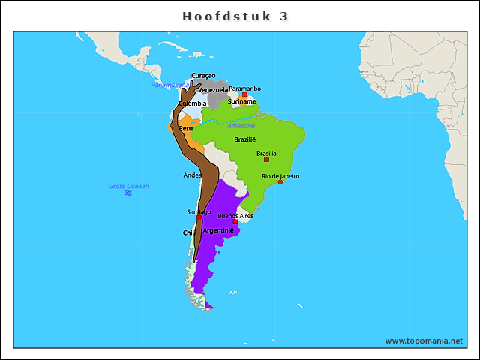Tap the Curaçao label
pyautogui.click(x=203, y=75)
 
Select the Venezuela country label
pyautogui.click(x=213, y=90)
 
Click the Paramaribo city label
pyautogui.click(x=244, y=88)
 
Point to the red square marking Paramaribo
pyautogui.click(x=244, y=95)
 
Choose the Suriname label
pyautogui.click(x=242, y=101)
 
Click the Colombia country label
pyautogui.click(x=192, y=103)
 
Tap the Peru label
pyautogui.click(x=185, y=128)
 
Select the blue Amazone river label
pyautogui.click(x=241, y=125)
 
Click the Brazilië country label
pyautogui.click(x=245, y=139)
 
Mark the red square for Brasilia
pyautogui.click(x=266, y=159)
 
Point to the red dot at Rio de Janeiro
pyautogui.click(x=280, y=182)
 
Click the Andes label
pyautogui.click(x=192, y=175)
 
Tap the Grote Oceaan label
pyautogui.click(x=129, y=186)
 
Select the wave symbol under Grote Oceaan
pyautogui.click(x=128, y=193)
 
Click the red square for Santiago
pyautogui.click(x=199, y=218)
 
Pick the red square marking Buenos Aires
pyautogui.click(x=235, y=222)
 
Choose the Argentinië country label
pyautogui.click(x=218, y=230)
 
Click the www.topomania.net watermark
pyautogui.click(x=424, y=340)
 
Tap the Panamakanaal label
pyautogui.click(x=166, y=85)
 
